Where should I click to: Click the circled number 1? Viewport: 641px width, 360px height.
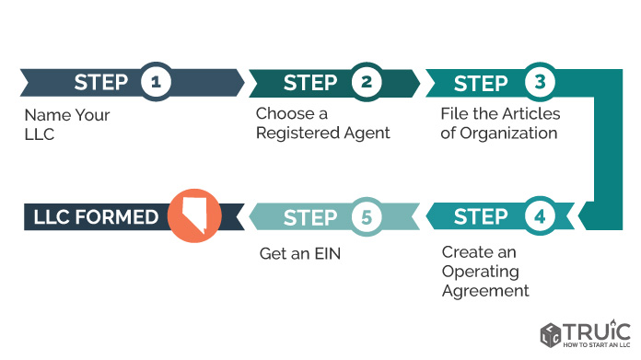point(156,82)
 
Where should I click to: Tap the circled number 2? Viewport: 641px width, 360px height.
point(367,82)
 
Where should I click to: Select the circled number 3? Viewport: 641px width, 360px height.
point(540,82)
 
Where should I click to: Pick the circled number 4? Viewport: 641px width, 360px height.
point(540,216)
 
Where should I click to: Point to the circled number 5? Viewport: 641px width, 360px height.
point(367,217)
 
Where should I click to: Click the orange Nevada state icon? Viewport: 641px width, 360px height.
point(194,215)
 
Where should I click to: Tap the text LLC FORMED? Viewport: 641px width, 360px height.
point(96,217)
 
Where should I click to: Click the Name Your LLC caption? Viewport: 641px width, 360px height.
point(67,124)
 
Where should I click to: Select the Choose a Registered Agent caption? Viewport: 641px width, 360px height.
point(323,123)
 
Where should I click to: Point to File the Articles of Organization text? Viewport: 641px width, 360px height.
point(500,123)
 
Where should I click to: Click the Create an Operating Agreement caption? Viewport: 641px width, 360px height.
point(485,272)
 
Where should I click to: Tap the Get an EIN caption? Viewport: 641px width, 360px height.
point(300,254)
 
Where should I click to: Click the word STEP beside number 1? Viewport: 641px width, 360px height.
point(101,83)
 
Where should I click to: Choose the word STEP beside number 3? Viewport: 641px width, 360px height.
point(481,84)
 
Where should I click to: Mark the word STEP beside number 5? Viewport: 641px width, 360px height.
point(310,218)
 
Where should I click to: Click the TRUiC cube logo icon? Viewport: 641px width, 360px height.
point(550,335)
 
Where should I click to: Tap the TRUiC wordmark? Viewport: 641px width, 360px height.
point(597,331)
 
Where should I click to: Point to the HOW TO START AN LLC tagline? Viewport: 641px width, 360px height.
point(597,345)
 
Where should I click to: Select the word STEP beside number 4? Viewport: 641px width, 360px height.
point(481,217)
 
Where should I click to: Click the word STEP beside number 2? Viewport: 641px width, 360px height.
point(310,83)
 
